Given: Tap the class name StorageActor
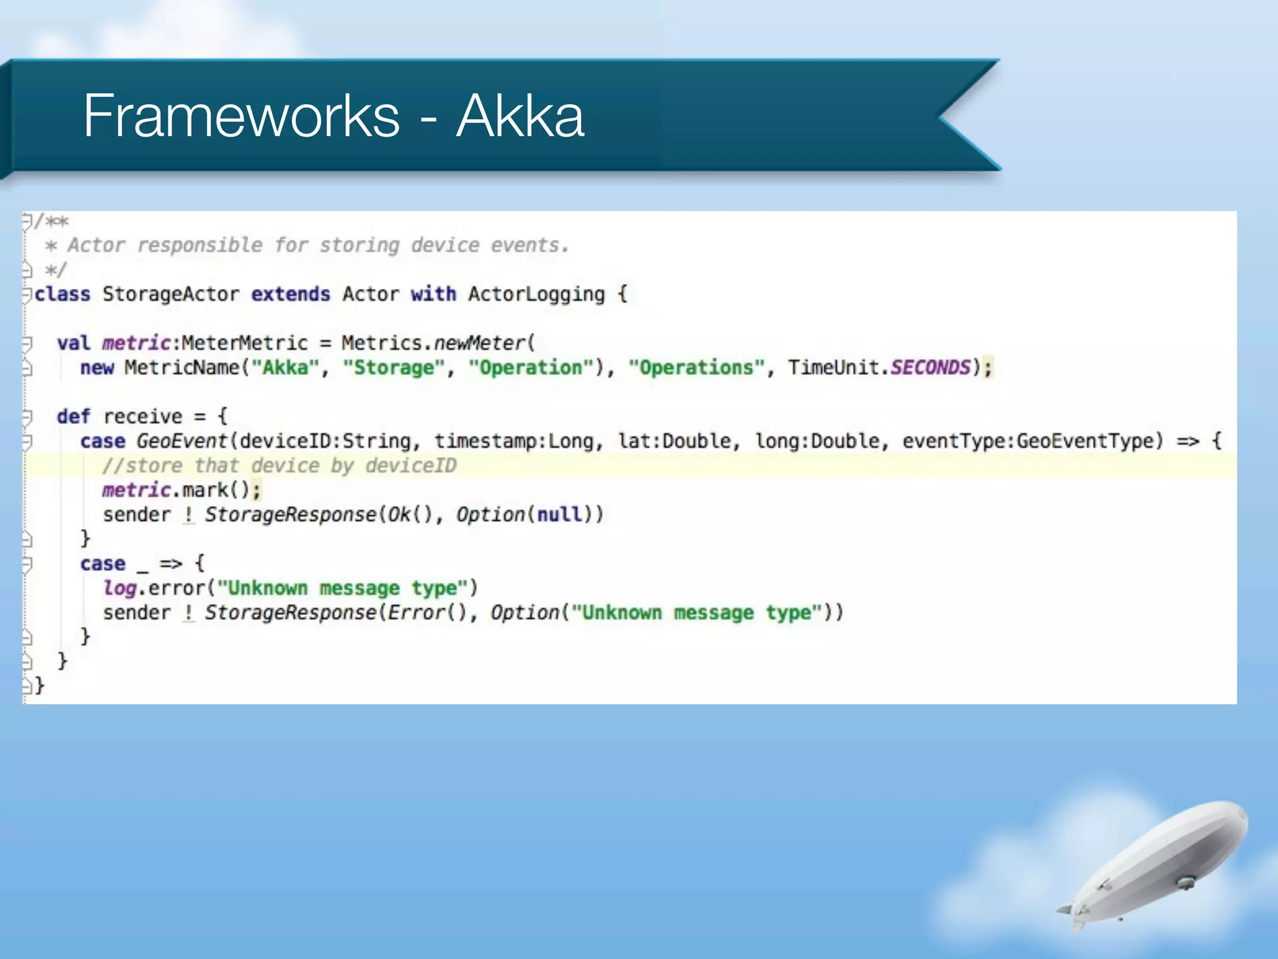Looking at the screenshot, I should pos(170,294).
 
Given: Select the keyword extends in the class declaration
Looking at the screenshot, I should pos(290,294).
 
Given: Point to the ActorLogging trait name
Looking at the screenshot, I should pos(536,294).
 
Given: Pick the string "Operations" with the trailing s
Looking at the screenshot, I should pos(696,368).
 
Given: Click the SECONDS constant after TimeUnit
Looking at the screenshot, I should pos(930,368).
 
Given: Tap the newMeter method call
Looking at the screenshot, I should pos(480,343).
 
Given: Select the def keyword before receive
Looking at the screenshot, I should pos(73,416).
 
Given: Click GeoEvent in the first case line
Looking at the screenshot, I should pos(182,441).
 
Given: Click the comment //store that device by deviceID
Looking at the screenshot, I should pos(279,466).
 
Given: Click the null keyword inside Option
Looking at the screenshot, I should pos(559,514).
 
